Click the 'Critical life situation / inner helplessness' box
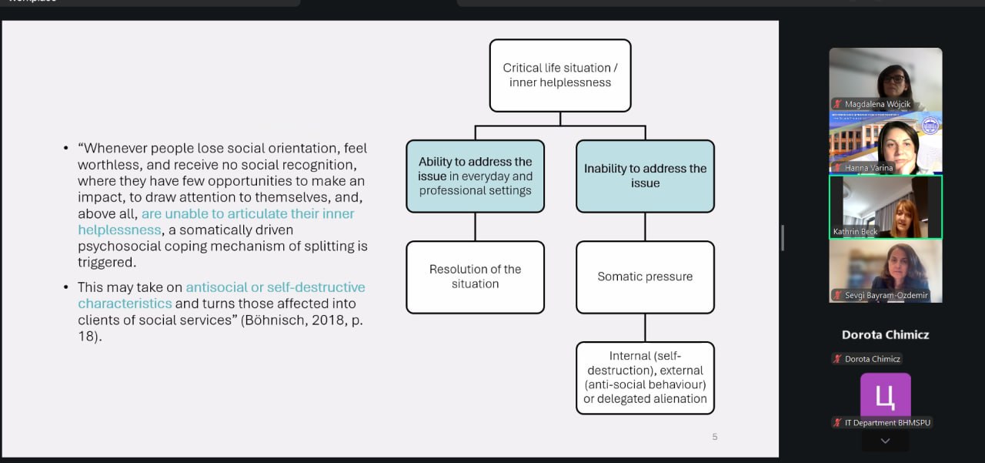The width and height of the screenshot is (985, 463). pyautogui.click(x=560, y=75)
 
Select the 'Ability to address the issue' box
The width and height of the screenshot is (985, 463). pyautogui.click(x=476, y=176)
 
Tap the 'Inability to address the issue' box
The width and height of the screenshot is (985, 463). pyautogui.click(x=645, y=176)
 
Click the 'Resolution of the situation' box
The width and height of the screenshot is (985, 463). pyautogui.click(x=476, y=277)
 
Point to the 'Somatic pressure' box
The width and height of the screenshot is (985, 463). pyautogui.click(x=645, y=277)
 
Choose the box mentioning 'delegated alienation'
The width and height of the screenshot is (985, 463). pyautogui.click(x=645, y=377)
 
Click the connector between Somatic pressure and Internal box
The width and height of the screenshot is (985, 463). pyautogui.click(x=645, y=327)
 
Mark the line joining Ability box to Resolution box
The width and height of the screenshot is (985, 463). pyautogui.click(x=476, y=226)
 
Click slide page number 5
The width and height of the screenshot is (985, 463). pyautogui.click(x=715, y=437)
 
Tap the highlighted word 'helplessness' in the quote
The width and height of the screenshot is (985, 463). pyautogui.click(x=119, y=230)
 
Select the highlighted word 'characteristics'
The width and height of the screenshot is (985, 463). pyautogui.click(x=125, y=304)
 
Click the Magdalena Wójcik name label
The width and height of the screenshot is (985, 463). pyautogui.click(x=877, y=104)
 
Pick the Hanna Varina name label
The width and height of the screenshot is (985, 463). pyautogui.click(x=869, y=168)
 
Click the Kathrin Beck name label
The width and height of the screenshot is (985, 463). pyautogui.click(x=855, y=231)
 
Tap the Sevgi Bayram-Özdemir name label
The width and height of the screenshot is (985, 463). pyautogui.click(x=886, y=295)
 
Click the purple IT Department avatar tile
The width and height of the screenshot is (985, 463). pyautogui.click(x=886, y=394)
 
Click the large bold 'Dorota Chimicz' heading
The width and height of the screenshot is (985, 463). pyautogui.click(x=886, y=335)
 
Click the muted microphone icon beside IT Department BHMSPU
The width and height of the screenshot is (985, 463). pyautogui.click(x=837, y=422)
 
